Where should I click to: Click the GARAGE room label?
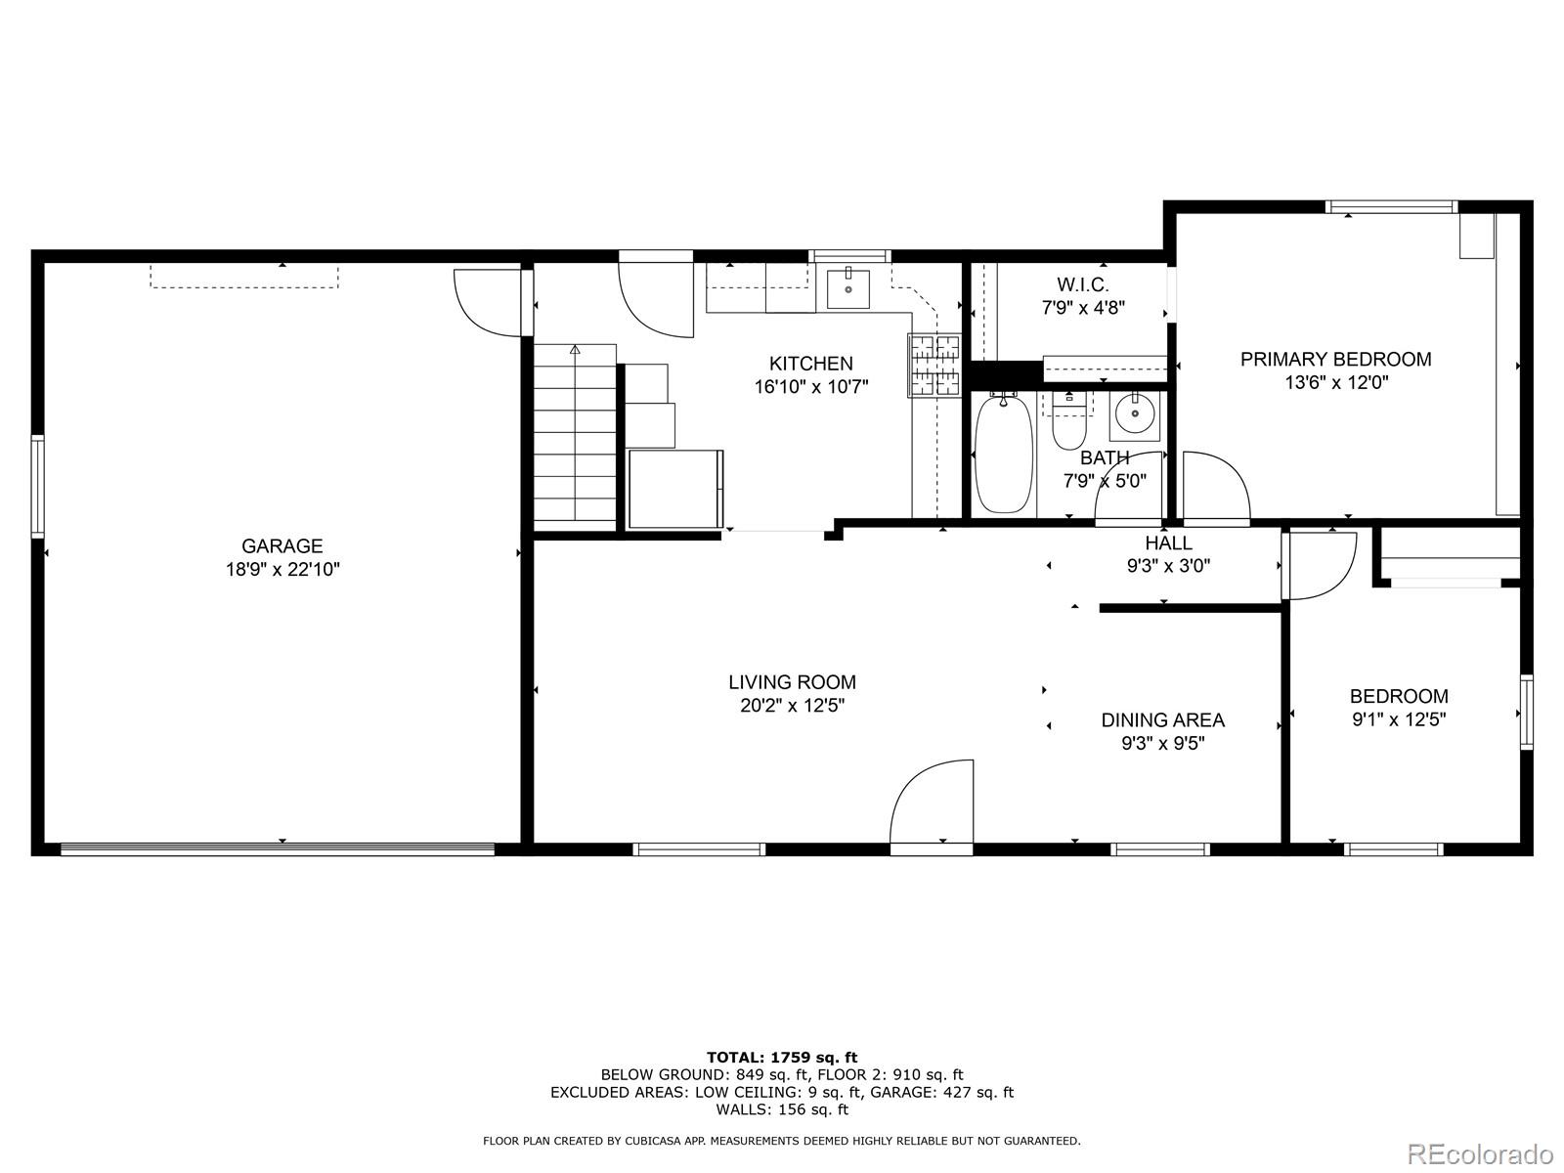click(282, 546)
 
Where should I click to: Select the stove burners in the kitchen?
click(935, 366)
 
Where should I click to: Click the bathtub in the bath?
click(1004, 455)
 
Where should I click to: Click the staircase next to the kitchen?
click(575, 435)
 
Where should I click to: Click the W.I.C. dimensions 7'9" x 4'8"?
click(1083, 307)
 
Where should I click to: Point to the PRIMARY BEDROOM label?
click(1335, 360)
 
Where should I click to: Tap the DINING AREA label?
click(1162, 720)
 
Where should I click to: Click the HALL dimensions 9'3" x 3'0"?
click(1168, 565)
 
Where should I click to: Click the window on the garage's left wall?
click(38, 486)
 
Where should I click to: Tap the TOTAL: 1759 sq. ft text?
click(781, 1057)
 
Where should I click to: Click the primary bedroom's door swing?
click(1215, 486)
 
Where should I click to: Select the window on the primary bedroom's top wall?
click(1391, 207)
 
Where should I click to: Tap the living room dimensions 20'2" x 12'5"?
click(792, 706)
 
